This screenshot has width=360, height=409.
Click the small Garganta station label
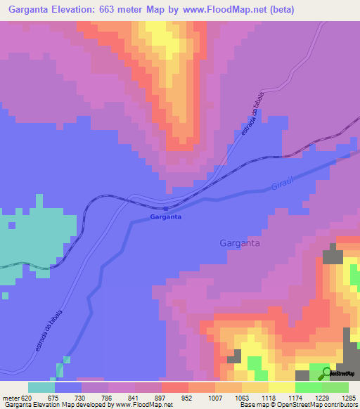point(166,218)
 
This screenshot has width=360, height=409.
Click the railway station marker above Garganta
point(165,208)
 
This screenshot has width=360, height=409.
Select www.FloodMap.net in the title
point(224,10)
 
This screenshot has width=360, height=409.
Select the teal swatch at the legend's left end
point(41,387)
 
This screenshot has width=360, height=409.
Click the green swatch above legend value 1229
point(309,387)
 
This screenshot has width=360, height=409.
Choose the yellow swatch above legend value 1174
point(281,387)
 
